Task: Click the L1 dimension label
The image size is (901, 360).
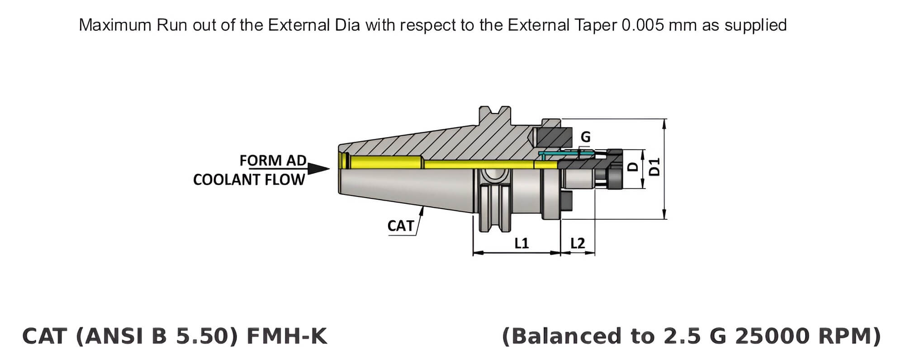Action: click(521, 243)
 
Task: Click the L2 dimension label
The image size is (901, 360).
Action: click(578, 243)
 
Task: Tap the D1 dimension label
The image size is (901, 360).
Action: click(655, 167)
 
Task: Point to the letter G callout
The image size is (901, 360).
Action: click(585, 137)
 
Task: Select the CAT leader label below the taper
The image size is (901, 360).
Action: click(400, 226)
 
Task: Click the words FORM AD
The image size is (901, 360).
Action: click(273, 161)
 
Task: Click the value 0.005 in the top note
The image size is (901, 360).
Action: click(643, 25)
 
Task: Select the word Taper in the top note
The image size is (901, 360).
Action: click(596, 25)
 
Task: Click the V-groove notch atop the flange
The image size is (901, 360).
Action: click(496, 110)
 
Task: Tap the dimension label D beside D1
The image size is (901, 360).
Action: click(634, 167)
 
